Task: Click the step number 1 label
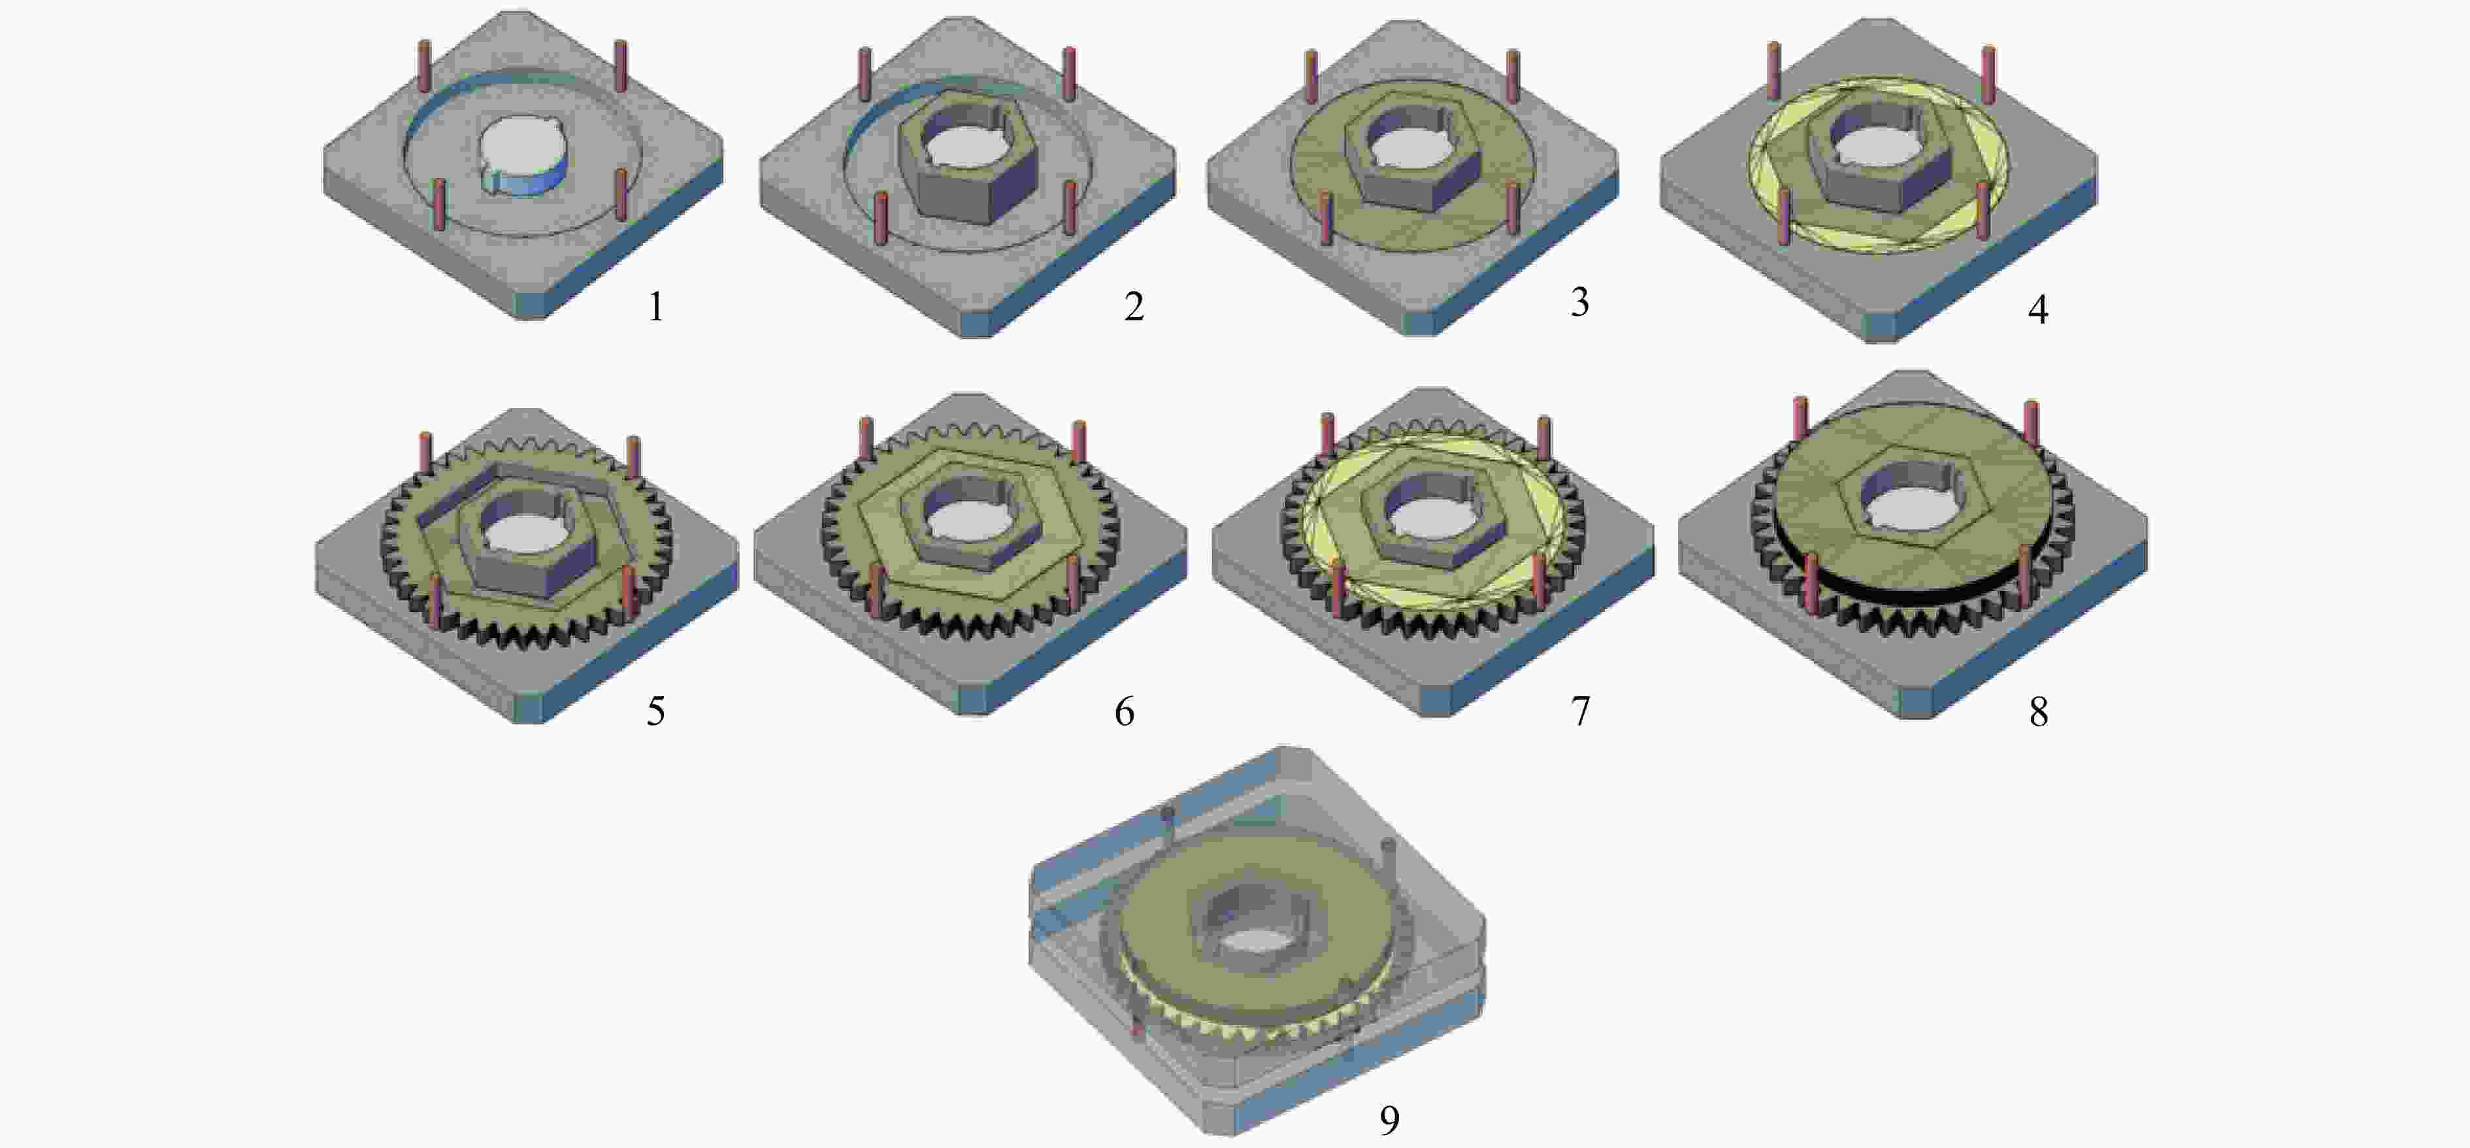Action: [x=656, y=307]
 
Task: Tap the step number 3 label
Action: [x=1579, y=301]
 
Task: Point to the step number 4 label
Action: [x=2037, y=309]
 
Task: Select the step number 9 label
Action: [x=1389, y=1119]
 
